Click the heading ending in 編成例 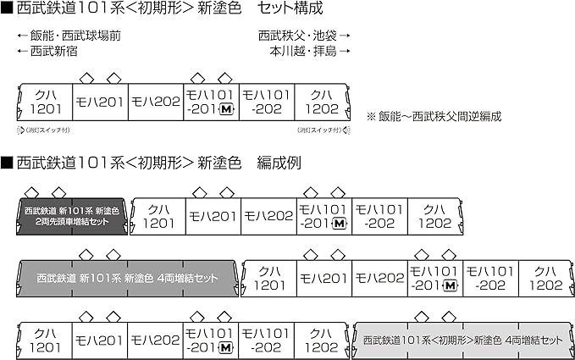(x=153, y=160)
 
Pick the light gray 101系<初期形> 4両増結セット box (x=462, y=340)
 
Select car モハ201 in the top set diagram (x=100, y=102)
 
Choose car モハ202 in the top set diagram (x=156, y=102)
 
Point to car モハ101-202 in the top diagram (x=268, y=102)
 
